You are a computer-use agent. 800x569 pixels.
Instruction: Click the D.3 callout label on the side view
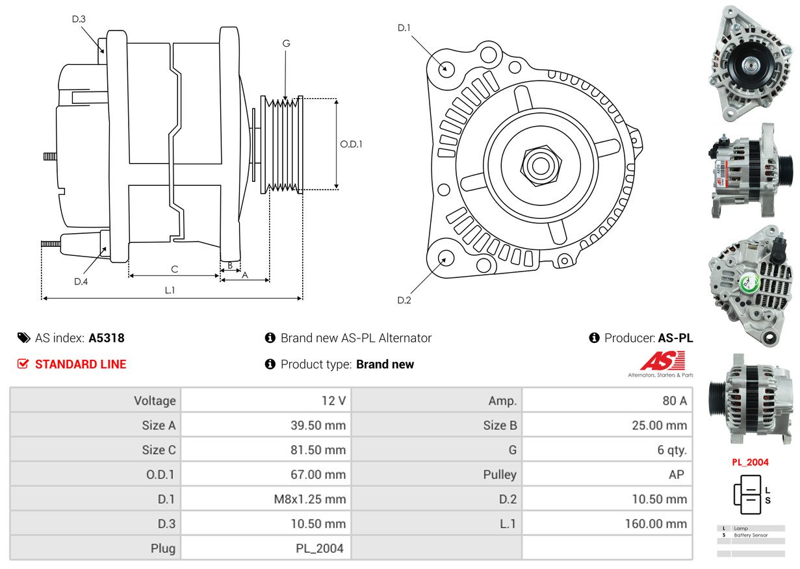tap(79, 19)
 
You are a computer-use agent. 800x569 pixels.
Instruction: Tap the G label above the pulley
tap(286, 44)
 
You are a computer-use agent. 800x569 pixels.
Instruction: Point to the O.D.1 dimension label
tap(351, 144)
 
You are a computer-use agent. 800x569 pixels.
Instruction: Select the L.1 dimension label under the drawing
tap(170, 290)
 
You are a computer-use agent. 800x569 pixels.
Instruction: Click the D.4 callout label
tap(81, 281)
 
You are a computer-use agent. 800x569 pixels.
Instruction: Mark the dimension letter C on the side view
tap(174, 269)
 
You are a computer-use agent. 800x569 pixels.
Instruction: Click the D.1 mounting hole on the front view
tap(446, 68)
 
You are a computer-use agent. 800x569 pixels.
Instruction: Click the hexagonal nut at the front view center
tap(539, 165)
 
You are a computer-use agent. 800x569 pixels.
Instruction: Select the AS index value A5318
tap(107, 338)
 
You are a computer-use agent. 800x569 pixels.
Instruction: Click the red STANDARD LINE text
tap(81, 364)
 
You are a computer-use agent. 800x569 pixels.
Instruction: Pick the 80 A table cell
tap(674, 401)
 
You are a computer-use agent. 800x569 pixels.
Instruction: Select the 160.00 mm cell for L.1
tap(656, 524)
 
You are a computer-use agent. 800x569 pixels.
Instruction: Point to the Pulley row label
tap(500, 475)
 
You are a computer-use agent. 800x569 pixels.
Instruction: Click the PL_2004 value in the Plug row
tap(320, 548)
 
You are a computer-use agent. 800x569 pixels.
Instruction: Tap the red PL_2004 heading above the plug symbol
tap(750, 462)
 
